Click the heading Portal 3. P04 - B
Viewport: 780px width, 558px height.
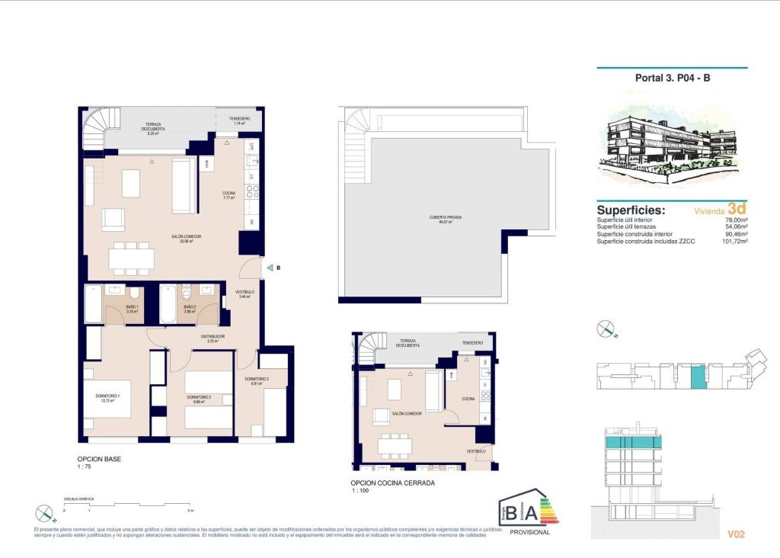point(672,78)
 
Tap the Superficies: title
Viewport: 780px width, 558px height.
point(631,210)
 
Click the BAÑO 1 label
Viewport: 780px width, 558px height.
point(131,307)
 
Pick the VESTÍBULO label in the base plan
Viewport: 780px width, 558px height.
point(244,293)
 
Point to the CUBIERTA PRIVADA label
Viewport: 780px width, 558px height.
point(446,217)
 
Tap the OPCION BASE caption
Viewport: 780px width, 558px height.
point(99,460)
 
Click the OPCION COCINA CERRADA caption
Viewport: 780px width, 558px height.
point(392,483)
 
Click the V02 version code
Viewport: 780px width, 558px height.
point(735,534)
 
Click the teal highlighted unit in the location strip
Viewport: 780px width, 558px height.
point(697,376)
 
